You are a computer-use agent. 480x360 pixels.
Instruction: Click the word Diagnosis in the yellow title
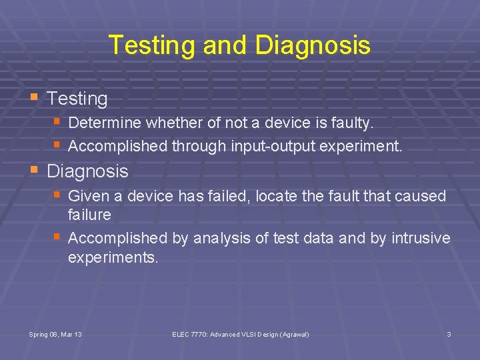pyautogui.click(x=312, y=45)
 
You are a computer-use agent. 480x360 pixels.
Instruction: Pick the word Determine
pyautogui.click(x=105, y=123)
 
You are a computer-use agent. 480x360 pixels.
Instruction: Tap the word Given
pyautogui.click(x=87, y=196)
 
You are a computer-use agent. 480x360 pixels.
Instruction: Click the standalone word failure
pyautogui.click(x=89, y=215)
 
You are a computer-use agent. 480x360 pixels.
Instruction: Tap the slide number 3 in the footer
pyautogui.click(x=449, y=334)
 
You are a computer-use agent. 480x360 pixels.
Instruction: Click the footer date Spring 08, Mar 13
pyautogui.click(x=56, y=334)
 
